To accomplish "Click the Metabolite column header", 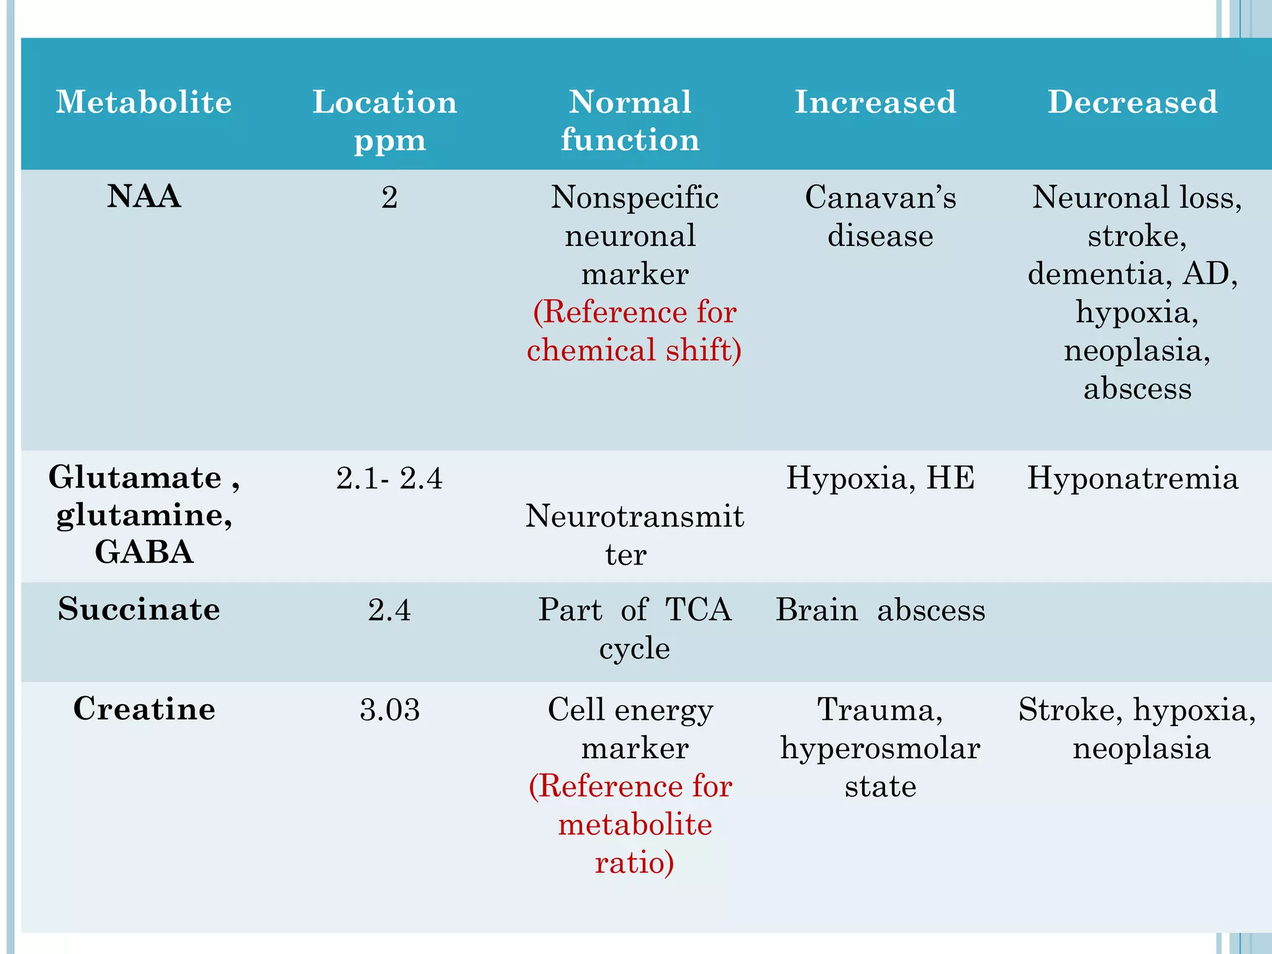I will tap(143, 102).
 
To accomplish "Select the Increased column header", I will tap(876, 102).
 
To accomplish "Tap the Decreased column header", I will tap(1132, 102).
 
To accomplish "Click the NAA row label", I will tap(144, 196).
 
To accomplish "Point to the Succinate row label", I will tap(139, 609).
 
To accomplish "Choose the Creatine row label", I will tap(144, 709).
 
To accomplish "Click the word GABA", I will tap(144, 552).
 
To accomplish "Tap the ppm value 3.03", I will tap(389, 709).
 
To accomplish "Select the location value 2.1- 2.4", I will tap(389, 478).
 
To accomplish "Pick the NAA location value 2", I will tap(389, 198).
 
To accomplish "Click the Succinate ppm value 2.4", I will tap(389, 610).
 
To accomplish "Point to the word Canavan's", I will tap(880, 198).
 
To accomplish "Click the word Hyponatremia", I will tap(1132, 478).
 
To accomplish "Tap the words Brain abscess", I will tap(880, 610).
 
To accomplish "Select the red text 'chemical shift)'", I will tap(634, 350).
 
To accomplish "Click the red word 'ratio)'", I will tap(634, 863).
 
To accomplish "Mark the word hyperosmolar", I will tap(880, 748).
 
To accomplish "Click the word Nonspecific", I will tap(634, 198).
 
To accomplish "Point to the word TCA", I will tap(698, 610).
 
